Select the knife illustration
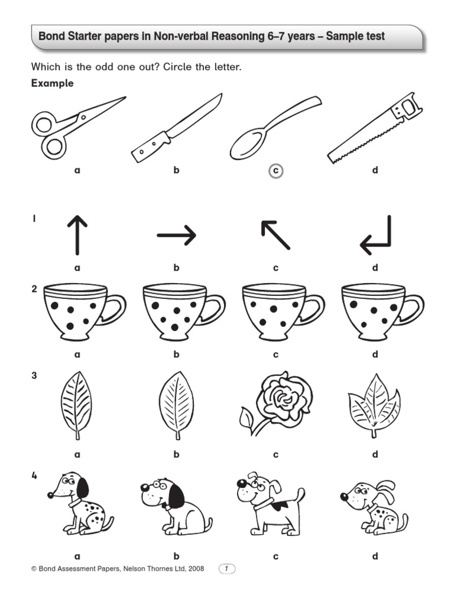coord(176,128)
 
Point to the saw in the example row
coord(375,128)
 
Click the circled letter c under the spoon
coord(275,171)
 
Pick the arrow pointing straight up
coord(77,235)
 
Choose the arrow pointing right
coord(176,235)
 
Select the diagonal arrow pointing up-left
coord(275,235)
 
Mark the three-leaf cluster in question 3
coord(374,405)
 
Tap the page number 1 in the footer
coord(227,568)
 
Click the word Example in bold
coord(52,83)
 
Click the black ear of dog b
coord(176,495)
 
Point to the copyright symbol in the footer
coord(34,568)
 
